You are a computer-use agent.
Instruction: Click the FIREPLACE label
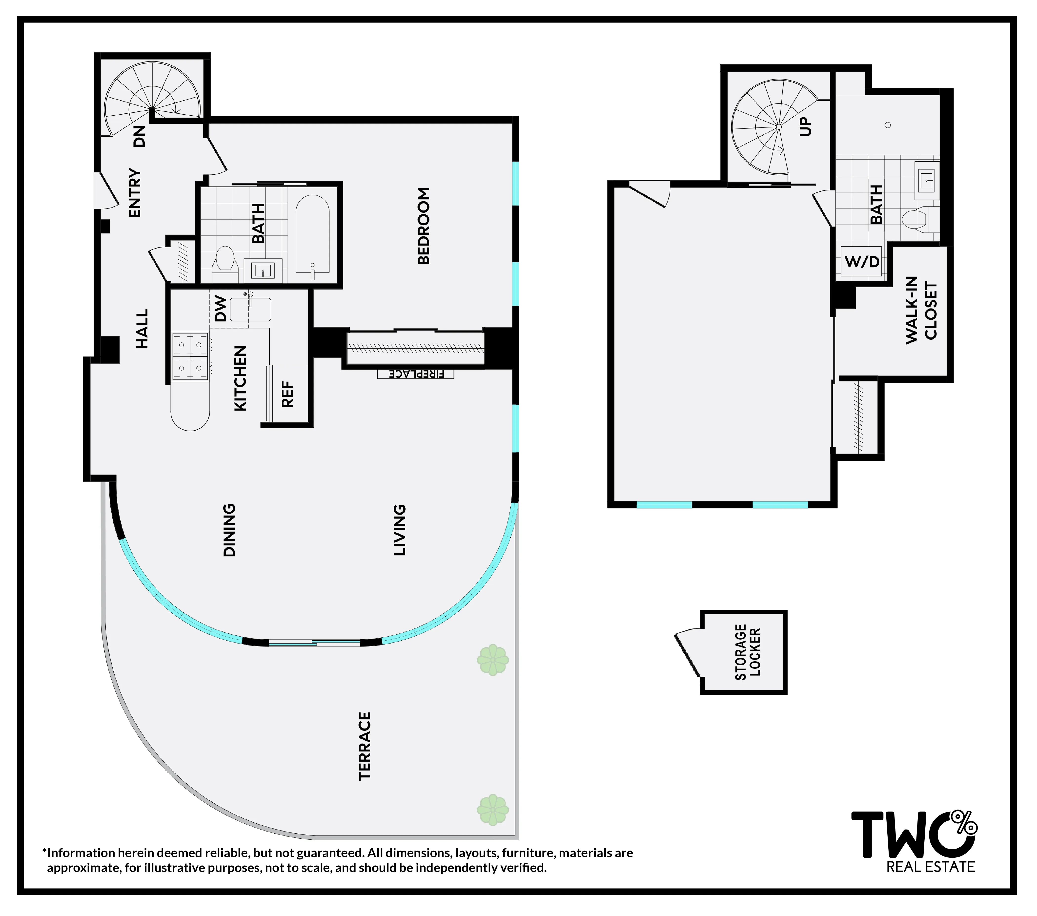click(416, 374)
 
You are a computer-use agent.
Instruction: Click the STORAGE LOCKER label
click(748, 652)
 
